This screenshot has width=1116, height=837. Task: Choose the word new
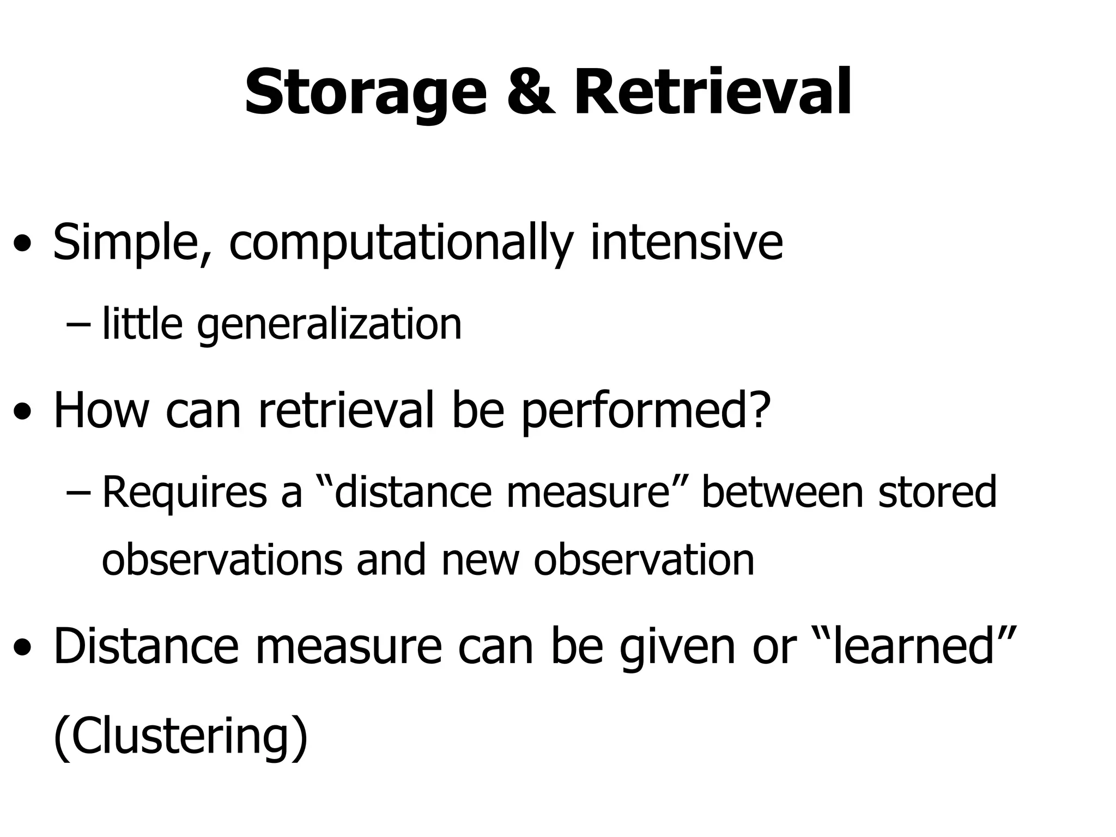coord(480,561)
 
